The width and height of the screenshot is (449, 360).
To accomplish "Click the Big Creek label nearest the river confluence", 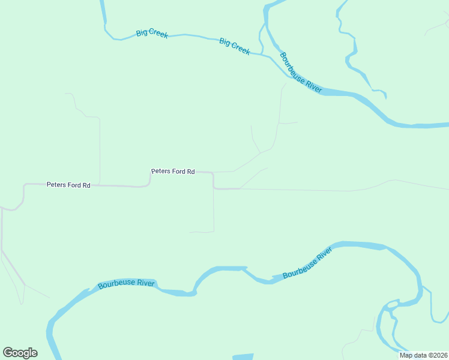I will point(235,46).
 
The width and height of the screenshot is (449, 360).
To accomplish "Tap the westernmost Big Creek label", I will point(152,33).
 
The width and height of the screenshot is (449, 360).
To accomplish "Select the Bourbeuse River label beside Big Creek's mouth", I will point(301,73).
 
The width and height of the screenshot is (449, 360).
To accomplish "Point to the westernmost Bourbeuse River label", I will point(127,284).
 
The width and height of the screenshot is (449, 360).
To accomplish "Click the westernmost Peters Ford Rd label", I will point(68,185).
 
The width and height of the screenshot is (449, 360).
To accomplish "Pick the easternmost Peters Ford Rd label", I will point(173,172).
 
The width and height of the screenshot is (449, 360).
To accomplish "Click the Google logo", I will point(20,353).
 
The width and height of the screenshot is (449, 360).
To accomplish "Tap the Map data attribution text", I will point(423,355).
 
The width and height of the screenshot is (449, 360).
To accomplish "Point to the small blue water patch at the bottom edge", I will point(243,357).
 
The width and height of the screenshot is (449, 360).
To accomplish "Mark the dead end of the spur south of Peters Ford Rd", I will point(190,232).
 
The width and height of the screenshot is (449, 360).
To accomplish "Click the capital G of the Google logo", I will point(8,353).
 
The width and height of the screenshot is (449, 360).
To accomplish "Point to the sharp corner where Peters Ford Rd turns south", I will point(213,173).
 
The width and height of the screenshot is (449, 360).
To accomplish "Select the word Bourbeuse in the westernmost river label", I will point(118,285).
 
